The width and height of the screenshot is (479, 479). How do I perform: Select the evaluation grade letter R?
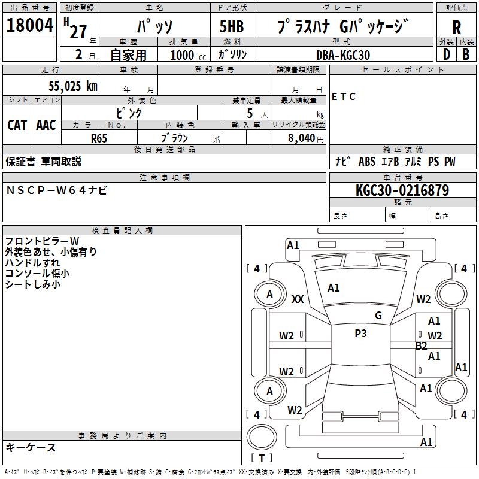point(457,27)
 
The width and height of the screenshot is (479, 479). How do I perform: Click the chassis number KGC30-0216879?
point(402,190)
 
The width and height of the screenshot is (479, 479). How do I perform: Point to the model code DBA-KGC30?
point(343,55)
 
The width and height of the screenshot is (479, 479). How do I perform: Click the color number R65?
point(99,137)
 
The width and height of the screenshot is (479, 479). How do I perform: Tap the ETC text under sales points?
point(344,97)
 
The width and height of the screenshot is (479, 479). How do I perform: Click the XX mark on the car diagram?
point(298,299)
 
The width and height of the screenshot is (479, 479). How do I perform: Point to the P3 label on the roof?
point(360,334)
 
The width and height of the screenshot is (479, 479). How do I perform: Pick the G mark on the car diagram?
point(378,316)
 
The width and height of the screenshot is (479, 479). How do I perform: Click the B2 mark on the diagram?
point(422,346)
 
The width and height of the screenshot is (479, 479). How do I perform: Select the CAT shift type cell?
point(17,125)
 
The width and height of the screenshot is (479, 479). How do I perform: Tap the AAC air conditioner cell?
point(46,125)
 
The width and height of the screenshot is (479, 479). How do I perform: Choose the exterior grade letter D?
point(446,54)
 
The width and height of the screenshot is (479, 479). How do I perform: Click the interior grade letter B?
point(466,54)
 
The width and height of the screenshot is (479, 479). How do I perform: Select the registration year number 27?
point(78,32)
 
